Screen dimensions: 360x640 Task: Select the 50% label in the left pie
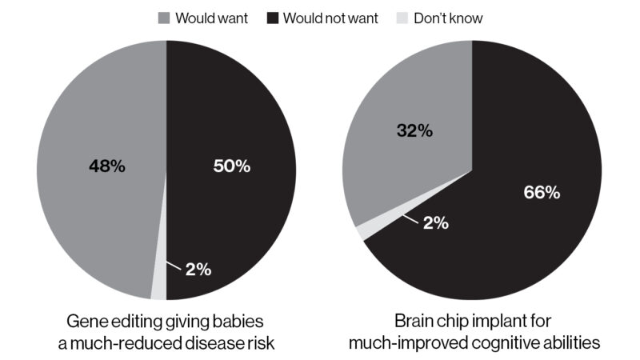pyautogui.click(x=232, y=166)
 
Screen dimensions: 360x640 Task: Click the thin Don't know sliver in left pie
pyautogui.click(x=159, y=284)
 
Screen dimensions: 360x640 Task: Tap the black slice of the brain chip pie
pyautogui.click(x=512, y=256)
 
